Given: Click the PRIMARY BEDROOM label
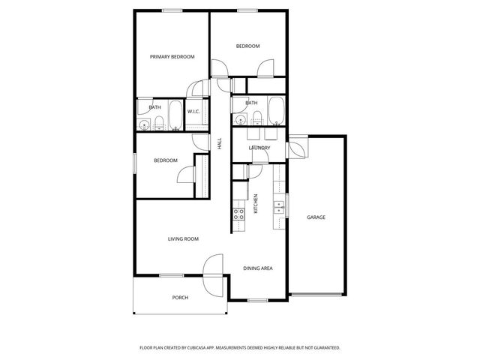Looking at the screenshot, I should pyautogui.click(x=172, y=57).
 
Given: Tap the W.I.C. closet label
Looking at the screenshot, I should pyautogui.click(x=193, y=112).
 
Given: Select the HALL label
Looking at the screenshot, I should pyautogui.click(x=220, y=142).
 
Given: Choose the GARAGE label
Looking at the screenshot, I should pyautogui.click(x=316, y=217).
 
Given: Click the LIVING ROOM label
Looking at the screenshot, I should pyautogui.click(x=182, y=238).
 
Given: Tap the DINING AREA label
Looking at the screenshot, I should pyautogui.click(x=257, y=268).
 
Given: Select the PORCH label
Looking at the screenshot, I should pyautogui.click(x=180, y=298).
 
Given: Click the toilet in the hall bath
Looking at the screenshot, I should pyautogui.click(x=256, y=115).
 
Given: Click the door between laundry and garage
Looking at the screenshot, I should pyautogui.click(x=298, y=147).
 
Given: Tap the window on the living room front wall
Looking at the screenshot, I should pyautogui.click(x=172, y=275).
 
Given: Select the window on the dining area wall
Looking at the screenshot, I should pyautogui.click(x=257, y=300).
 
